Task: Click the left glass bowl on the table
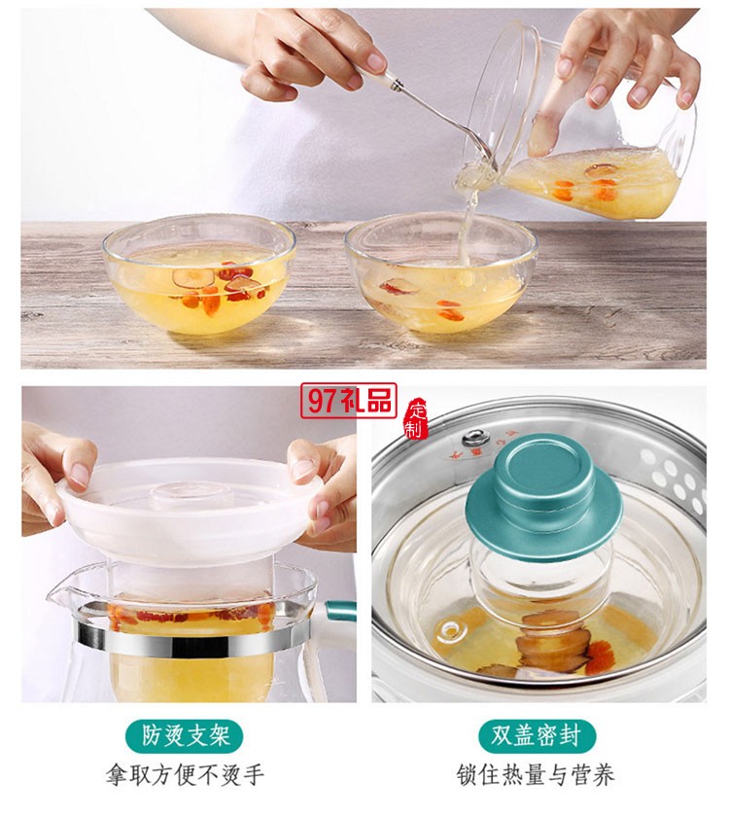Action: [x=199, y=277]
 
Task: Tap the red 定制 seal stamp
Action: [x=416, y=417]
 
